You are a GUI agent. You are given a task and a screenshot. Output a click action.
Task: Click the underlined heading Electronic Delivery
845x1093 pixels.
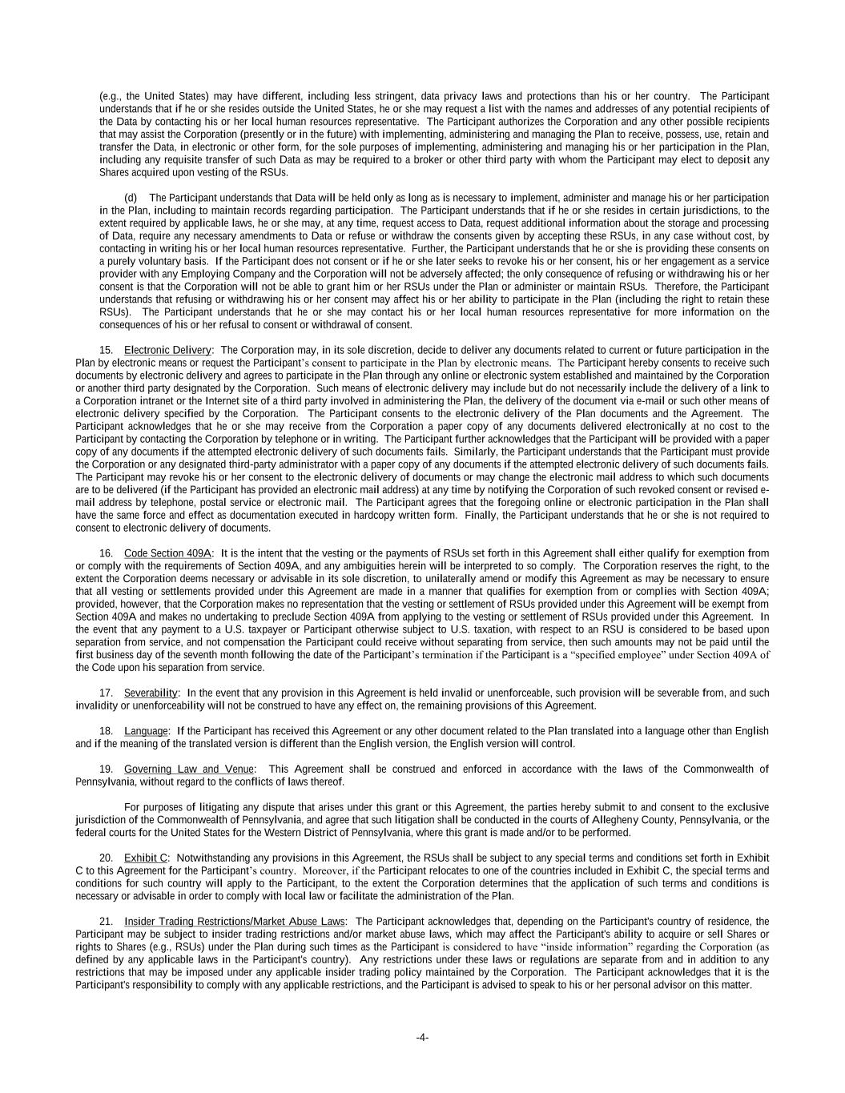pos(167,350)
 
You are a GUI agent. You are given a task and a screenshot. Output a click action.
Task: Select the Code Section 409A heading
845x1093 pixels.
pos(167,553)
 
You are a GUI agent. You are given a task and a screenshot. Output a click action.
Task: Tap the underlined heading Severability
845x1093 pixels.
pos(151,693)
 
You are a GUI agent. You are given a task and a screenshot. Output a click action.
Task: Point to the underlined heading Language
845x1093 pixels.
pos(146,731)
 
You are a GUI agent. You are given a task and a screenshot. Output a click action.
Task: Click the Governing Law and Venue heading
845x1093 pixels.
pos(189,770)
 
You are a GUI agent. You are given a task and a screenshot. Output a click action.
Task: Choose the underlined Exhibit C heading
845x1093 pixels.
pos(145,858)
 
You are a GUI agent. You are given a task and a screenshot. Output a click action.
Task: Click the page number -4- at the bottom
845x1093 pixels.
pos(422,1038)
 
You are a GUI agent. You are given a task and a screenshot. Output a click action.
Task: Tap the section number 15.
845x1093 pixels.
pos(106,350)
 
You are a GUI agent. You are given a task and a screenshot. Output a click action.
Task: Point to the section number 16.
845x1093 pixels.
pos(106,553)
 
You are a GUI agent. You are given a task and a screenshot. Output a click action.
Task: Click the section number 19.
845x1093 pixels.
pos(106,770)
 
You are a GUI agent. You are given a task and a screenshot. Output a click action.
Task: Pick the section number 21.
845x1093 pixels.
pos(106,922)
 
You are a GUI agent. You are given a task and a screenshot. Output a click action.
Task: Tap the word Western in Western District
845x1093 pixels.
pos(268,833)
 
